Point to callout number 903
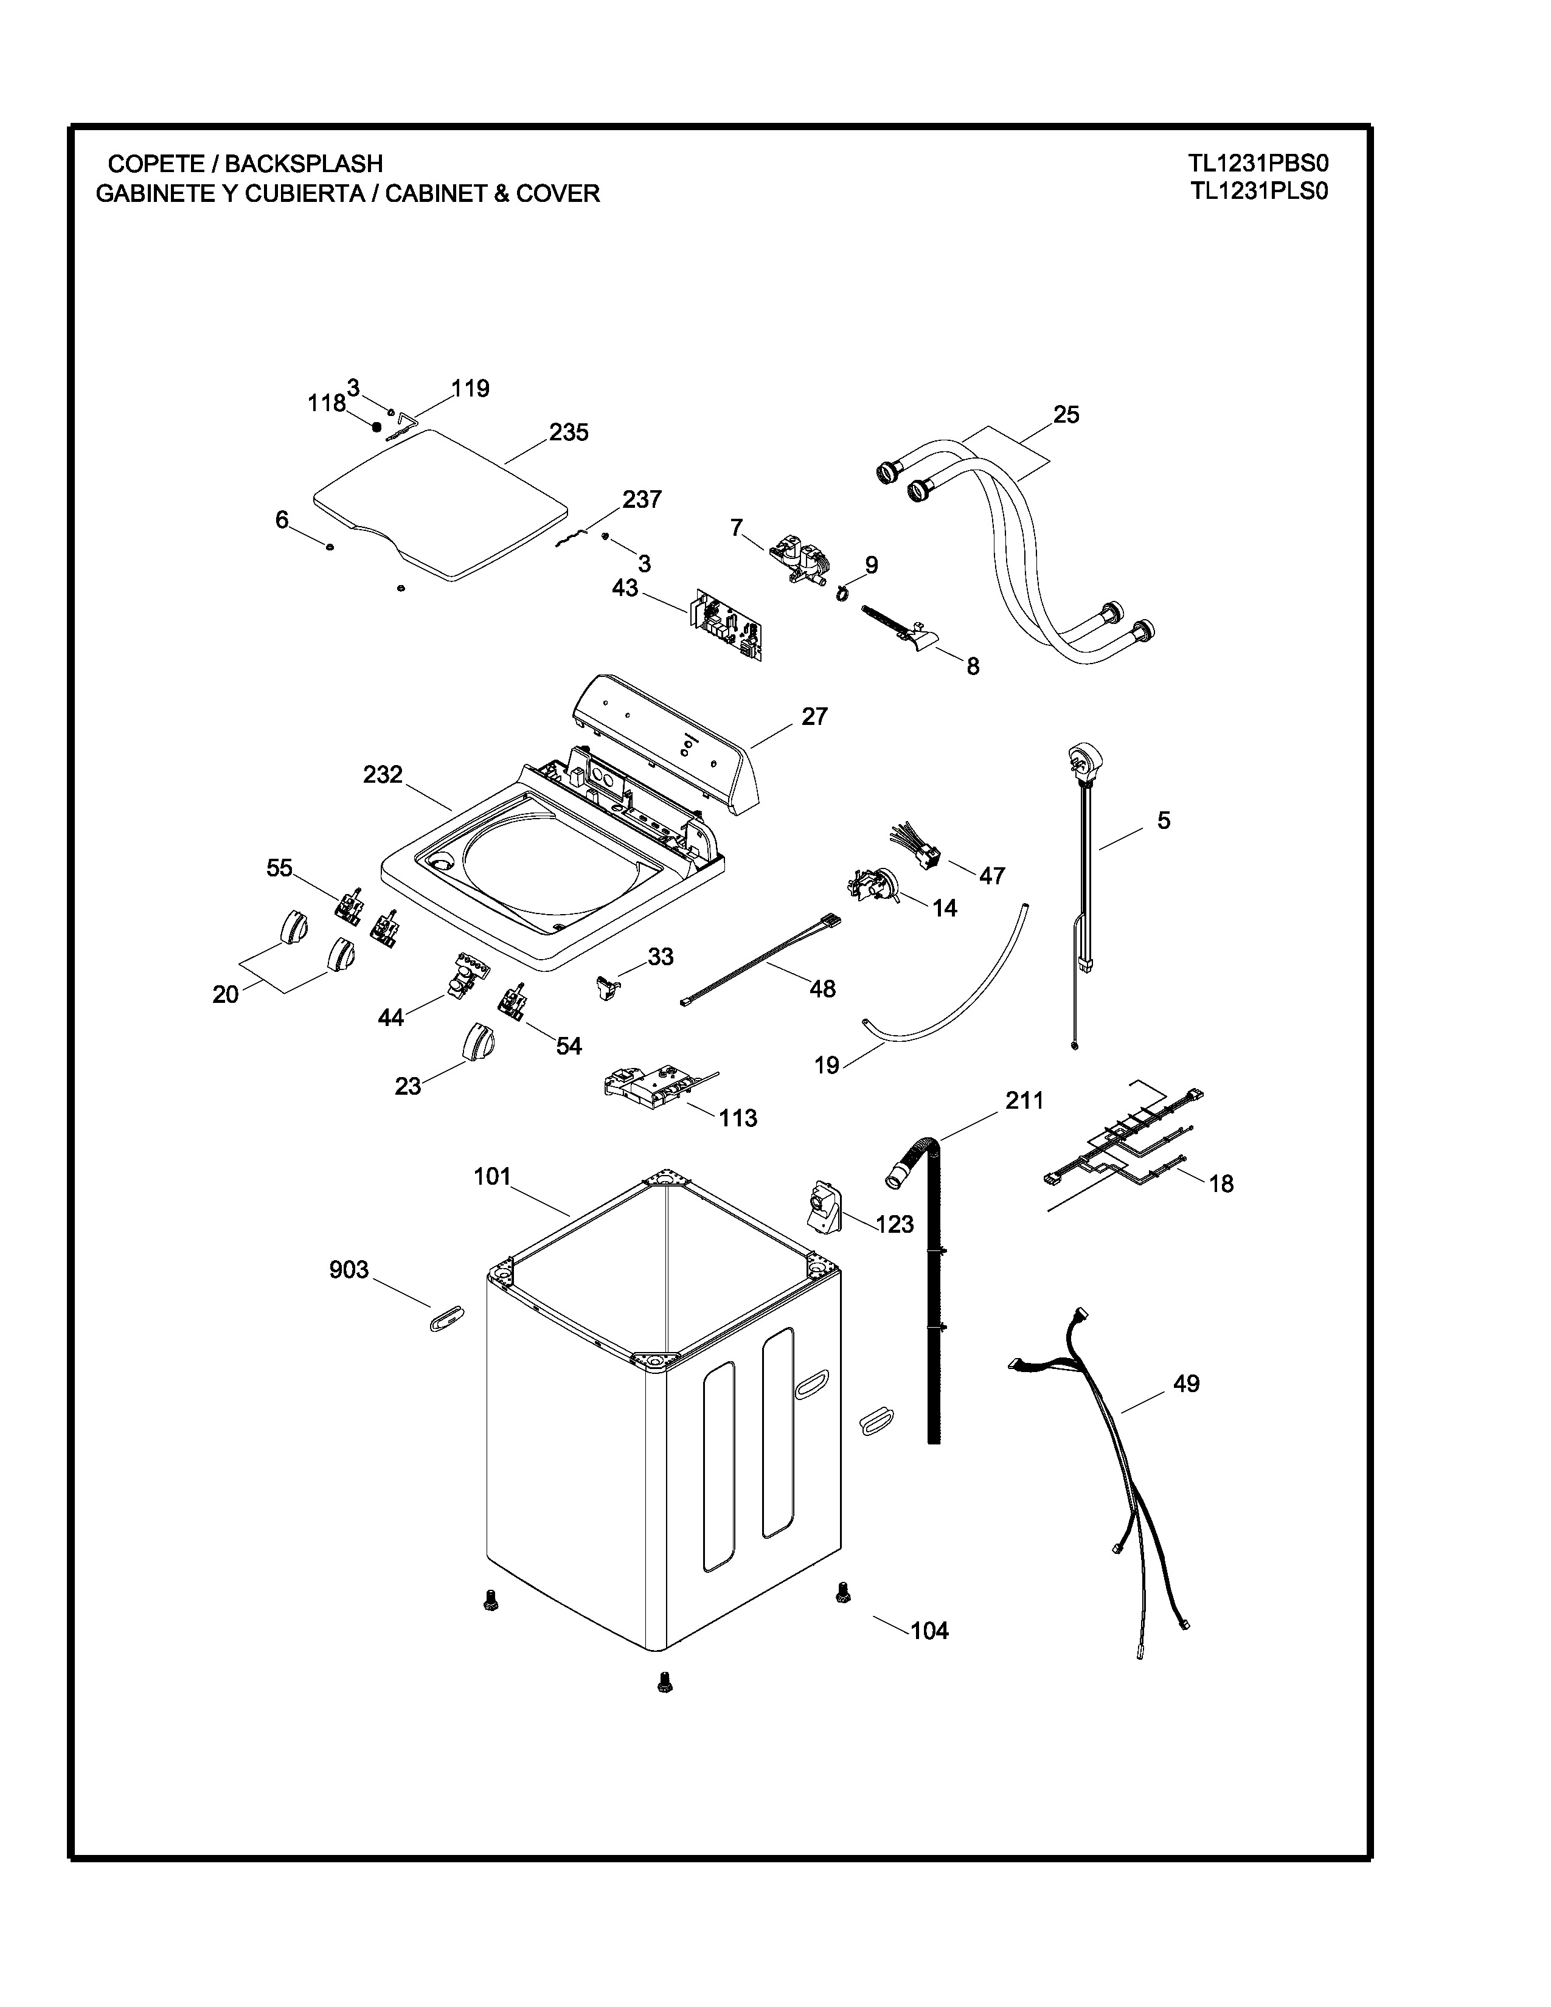(349, 1269)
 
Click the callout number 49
(1186, 1383)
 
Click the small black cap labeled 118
(376, 426)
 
